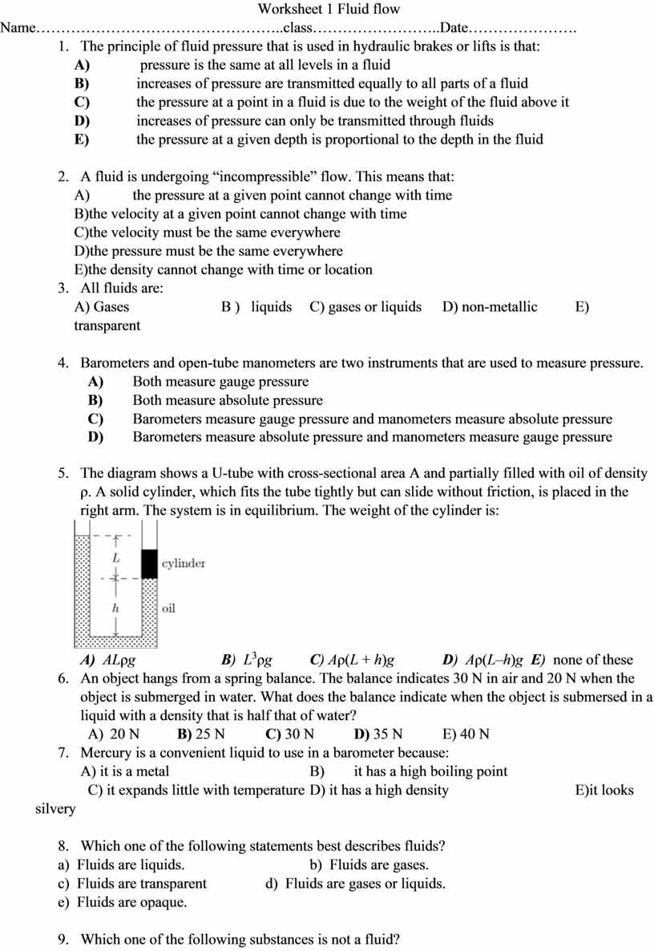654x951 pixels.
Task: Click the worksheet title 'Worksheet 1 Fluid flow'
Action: tap(329, 10)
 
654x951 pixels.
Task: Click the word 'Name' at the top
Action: tap(18, 28)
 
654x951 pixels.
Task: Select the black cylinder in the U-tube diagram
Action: tap(149, 564)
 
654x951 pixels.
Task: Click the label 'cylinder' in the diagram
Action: tap(184, 564)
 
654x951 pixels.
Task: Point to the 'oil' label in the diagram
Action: tap(168, 609)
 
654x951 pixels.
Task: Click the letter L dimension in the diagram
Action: tap(116, 556)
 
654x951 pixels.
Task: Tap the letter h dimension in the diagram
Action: tap(116, 609)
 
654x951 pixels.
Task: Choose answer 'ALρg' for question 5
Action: tap(119, 661)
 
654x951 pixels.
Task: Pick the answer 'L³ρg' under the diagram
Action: tap(257, 661)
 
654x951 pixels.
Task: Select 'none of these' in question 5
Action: tap(593, 661)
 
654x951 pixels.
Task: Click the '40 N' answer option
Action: tap(474, 734)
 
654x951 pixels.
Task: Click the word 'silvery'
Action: tap(55, 809)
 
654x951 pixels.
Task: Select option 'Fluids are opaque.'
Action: tap(131, 903)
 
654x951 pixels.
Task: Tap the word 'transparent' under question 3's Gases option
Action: tap(107, 326)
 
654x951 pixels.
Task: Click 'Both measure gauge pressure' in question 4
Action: tap(220, 382)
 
